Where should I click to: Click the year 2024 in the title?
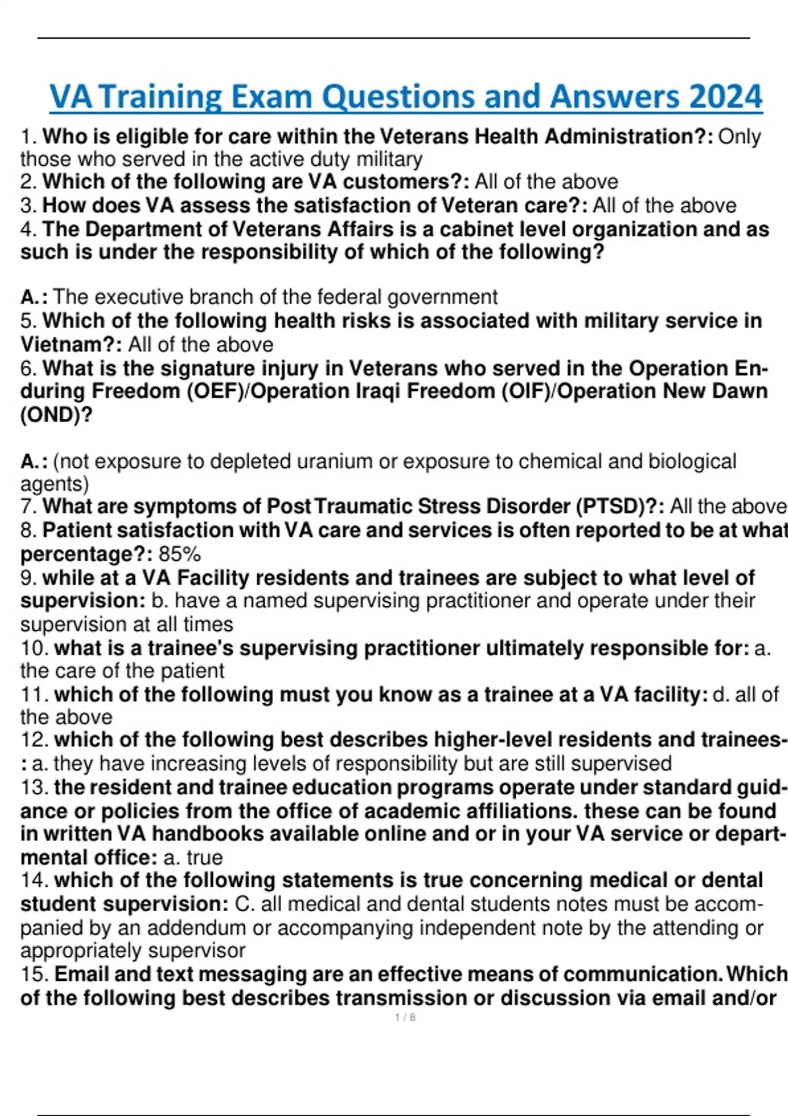[x=725, y=97]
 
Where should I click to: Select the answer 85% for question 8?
[x=179, y=554]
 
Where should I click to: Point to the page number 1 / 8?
[x=405, y=1018]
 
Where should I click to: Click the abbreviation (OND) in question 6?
[x=56, y=415]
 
